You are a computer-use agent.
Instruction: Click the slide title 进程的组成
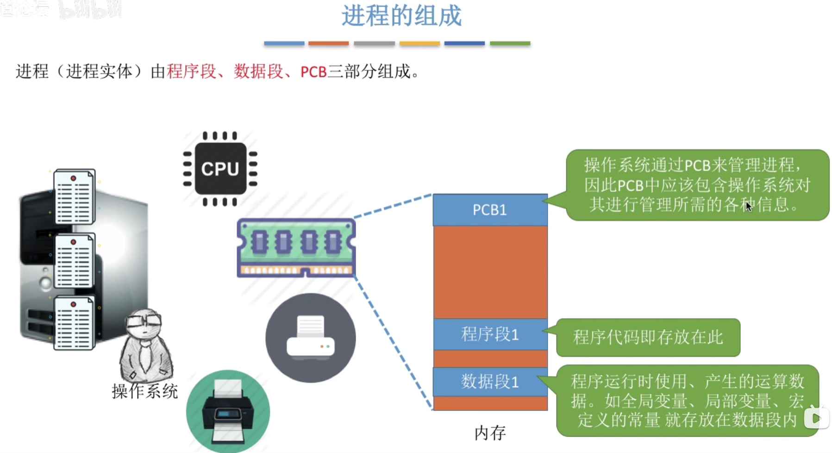401,16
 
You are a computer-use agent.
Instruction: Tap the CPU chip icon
220,169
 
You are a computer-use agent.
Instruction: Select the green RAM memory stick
296,247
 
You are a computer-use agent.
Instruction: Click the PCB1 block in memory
490,210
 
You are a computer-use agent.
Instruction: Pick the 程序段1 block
490,334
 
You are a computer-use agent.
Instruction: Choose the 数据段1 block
490,382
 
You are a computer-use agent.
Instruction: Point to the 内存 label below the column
490,433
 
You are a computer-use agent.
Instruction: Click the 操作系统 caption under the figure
144,391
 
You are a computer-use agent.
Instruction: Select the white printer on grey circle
310,338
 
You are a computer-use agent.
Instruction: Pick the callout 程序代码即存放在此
648,337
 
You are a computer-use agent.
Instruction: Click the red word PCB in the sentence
313,72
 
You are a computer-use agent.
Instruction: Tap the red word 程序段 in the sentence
191,72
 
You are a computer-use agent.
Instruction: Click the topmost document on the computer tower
74,196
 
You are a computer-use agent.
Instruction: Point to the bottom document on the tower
74,323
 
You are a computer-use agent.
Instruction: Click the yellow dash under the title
419,44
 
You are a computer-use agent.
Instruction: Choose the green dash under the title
510,44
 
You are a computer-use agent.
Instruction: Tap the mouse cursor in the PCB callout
749,206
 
